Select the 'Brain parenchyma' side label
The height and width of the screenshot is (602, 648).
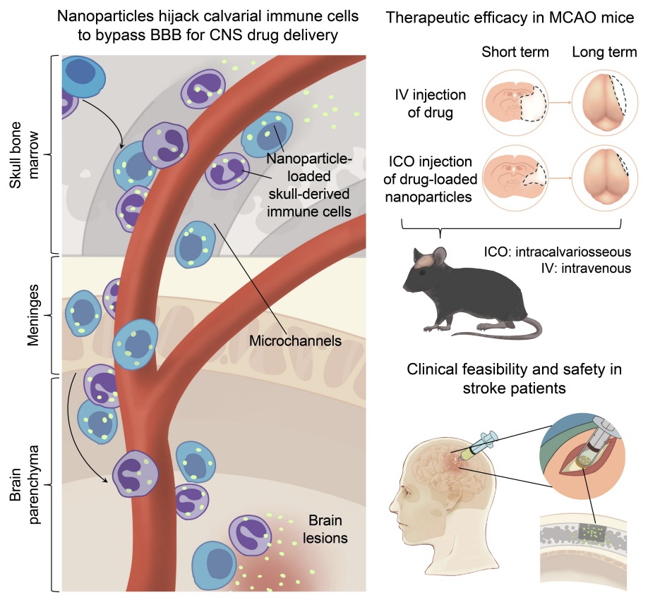tap(24, 485)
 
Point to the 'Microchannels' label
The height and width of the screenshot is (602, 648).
tap(296, 340)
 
